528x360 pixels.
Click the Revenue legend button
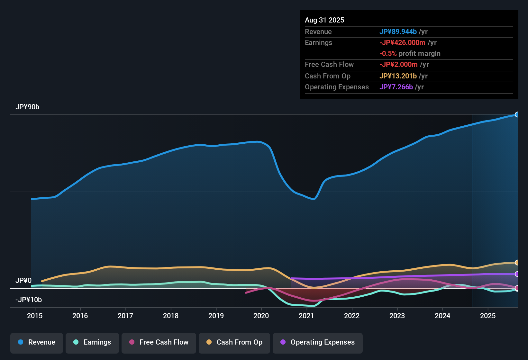[x=36, y=342]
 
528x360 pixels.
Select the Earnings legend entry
[x=92, y=342]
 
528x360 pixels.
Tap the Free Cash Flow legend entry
[x=159, y=342]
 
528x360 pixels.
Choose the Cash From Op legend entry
[x=234, y=342]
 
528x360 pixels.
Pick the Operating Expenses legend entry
[x=317, y=342]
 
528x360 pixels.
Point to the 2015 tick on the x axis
[x=35, y=316]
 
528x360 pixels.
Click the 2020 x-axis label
[x=261, y=316]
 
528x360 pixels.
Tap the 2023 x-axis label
[x=397, y=316]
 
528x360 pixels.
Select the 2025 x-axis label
[x=488, y=316]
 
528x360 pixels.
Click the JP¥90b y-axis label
[x=27, y=107]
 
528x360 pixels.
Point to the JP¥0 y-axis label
[x=23, y=281]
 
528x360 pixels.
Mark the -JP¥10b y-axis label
[x=29, y=300]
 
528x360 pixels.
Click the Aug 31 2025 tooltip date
[x=324, y=20]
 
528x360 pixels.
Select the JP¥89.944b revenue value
[x=398, y=32]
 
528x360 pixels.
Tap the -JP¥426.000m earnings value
[x=402, y=43]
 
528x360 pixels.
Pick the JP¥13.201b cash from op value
[x=398, y=76]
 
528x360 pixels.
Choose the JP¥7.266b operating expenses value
[x=396, y=87]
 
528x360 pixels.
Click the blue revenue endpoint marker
[x=517, y=115]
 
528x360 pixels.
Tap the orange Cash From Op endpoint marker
[x=517, y=263]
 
